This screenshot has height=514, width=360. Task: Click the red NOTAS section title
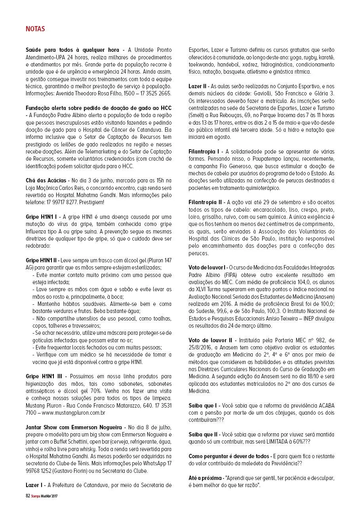(35, 29)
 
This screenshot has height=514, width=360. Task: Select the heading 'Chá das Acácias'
(47, 180)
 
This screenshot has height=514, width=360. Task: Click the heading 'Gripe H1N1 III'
(45, 376)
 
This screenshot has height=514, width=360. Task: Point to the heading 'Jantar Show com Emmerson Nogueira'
(75, 428)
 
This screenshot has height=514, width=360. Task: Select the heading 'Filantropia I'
(204, 152)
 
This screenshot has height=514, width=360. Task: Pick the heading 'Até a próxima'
(204, 478)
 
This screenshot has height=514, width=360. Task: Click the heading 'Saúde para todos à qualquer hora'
(72, 50)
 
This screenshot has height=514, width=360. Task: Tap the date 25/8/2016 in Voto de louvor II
(201, 347)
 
